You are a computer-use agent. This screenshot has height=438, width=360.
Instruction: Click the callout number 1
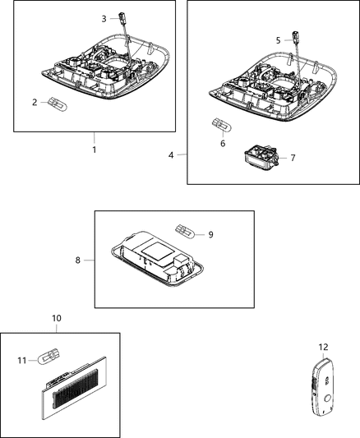point(93,150)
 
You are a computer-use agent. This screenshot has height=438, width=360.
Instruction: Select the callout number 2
point(35,103)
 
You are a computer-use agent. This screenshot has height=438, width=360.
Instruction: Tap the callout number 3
point(104,18)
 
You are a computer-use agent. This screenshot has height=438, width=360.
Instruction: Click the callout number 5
point(278,39)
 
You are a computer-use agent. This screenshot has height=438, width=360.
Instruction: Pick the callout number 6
point(222,143)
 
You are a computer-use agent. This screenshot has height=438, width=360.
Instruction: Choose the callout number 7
point(292,157)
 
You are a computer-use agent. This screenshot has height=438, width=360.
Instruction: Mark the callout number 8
point(79,260)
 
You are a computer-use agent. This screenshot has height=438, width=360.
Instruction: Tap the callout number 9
point(210,234)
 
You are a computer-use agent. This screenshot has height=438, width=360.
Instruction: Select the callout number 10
point(57,317)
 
